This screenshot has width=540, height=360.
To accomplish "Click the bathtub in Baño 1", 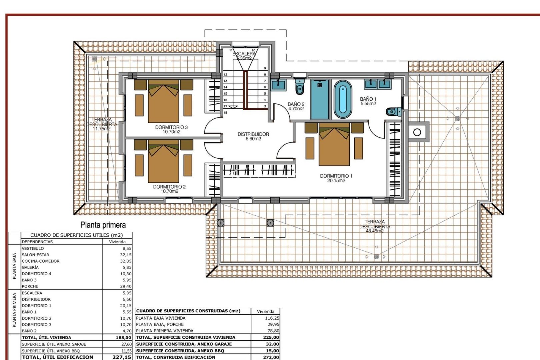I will tap(343, 99).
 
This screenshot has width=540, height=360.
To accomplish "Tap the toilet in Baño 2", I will tap(300, 87).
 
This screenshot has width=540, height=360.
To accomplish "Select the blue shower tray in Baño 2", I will tap(319, 99).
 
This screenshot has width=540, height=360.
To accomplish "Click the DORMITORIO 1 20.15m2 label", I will tap(336, 178).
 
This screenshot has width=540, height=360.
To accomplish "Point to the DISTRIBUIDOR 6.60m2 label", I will tap(253, 136).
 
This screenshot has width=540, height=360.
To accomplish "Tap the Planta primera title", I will tap(103, 225).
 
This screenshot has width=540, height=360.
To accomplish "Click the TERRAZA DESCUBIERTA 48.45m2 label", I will tap(375, 226).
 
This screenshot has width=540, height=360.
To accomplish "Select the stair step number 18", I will tap(225, 112).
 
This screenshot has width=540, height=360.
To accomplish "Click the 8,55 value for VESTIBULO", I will tap(127, 248).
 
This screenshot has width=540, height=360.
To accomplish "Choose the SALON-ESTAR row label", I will tap(35, 255).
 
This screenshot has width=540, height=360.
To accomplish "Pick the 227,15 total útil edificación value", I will tap(122, 357).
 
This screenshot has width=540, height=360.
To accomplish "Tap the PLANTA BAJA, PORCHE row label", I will tap(160, 324).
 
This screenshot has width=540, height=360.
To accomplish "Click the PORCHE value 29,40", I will tap(126, 286).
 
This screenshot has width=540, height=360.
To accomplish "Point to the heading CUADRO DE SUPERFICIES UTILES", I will tap(76, 235).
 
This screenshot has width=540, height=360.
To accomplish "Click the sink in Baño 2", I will tap(278, 85).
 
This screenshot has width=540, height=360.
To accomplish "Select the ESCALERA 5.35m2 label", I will tap(244, 56).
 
